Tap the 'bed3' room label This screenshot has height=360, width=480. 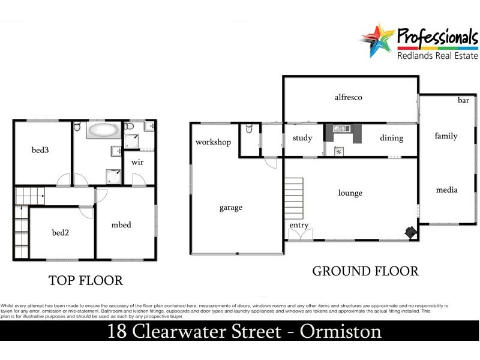[x=40, y=150]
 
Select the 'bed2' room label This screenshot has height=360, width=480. [x=61, y=232]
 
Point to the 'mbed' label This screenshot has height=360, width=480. [x=121, y=225]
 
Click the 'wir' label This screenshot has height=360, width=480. [x=137, y=162]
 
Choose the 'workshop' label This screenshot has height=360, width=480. [x=213, y=142]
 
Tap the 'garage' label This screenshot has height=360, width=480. [x=230, y=208]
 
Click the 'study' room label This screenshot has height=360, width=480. [x=302, y=138]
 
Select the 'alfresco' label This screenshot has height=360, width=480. [x=349, y=97]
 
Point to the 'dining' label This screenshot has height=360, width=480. [x=391, y=138]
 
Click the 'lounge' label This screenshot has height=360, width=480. [x=350, y=193]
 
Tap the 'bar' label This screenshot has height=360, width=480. [x=463, y=100]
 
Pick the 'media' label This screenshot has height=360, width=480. [x=446, y=190]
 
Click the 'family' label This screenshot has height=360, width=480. [x=446, y=136]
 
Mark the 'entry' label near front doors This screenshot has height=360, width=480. [x=299, y=226]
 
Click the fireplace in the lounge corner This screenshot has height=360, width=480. [x=410, y=232]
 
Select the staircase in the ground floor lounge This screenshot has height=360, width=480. [x=294, y=199]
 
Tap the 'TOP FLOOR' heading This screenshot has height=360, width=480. [x=85, y=280]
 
